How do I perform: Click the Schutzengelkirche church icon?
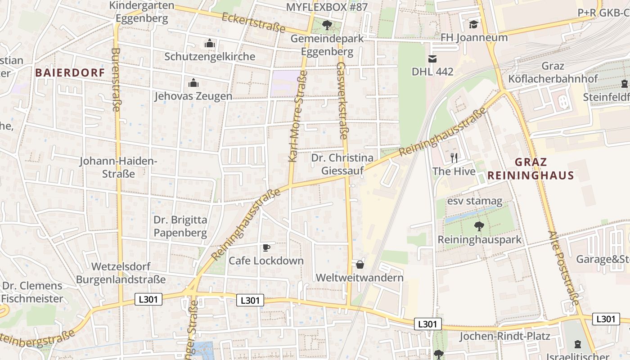[209, 44]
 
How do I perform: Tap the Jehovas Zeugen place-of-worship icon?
[193, 83]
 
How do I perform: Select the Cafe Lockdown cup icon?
[266, 247]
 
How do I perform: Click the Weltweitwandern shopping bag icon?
[360, 264]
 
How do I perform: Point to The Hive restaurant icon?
[454, 157]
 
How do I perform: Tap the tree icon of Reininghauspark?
[479, 226]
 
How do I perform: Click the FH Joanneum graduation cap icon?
[473, 24]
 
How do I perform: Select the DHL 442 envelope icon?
[432, 58]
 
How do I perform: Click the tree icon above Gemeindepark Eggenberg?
[327, 25]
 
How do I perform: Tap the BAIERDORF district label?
[70, 72]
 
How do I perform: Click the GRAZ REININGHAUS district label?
[531, 169]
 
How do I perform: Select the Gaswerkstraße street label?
[342, 101]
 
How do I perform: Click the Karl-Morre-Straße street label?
[297, 119]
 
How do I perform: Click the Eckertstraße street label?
[254, 22]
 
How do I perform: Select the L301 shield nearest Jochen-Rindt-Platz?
[428, 324]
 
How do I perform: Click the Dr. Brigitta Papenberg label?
[180, 226]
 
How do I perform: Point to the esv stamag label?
[474, 201]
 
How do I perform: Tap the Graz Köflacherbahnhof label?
[553, 72]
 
